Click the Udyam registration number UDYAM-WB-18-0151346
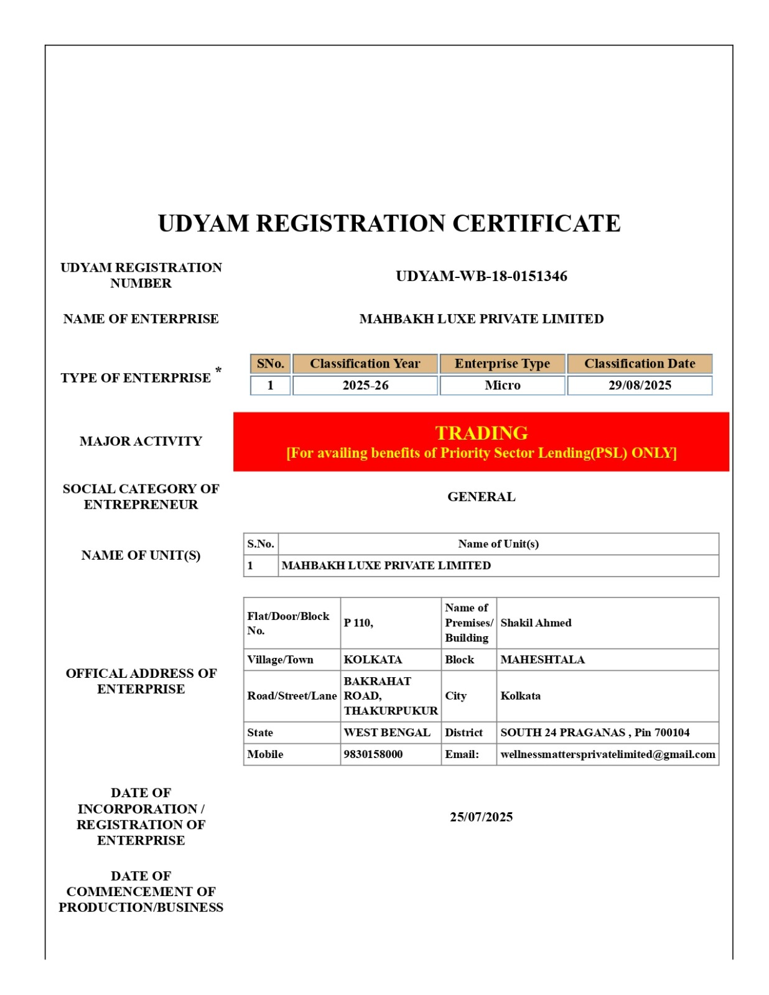click(481, 276)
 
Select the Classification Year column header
click(365, 364)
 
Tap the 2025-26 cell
click(365, 386)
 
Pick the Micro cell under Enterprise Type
click(502, 386)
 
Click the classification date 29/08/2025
click(640, 386)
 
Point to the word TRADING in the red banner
click(481, 433)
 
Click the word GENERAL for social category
click(481, 497)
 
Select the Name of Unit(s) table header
click(498, 544)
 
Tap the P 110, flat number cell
click(359, 623)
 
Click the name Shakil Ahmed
click(536, 623)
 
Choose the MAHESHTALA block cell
click(543, 660)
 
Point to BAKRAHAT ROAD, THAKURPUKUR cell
click(391, 696)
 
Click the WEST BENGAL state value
click(387, 733)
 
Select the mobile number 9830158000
click(373, 754)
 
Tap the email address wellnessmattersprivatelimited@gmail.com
click(607, 754)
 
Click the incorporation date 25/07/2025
click(481, 817)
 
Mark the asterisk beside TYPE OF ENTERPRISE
click(218, 371)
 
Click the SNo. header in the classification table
click(271, 364)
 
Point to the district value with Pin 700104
click(595, 733)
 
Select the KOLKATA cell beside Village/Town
click(373, 660)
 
